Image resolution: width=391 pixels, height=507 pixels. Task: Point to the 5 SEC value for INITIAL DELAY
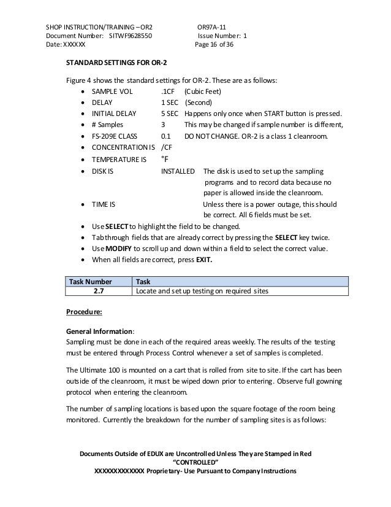coord(170,114)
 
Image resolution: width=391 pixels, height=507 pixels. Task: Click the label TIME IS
coord(104,204)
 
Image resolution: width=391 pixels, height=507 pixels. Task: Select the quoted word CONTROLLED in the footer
coord(195,462)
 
